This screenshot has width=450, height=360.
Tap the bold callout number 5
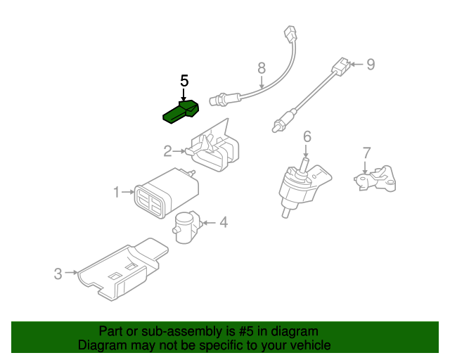coord(184,81)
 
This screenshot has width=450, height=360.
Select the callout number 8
coord(262,68)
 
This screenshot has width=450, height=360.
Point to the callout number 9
coord(371,64)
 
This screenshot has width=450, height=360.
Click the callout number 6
coord(307,136)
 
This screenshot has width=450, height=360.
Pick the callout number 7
coord(367,153)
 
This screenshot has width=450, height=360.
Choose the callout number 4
coord(224,222)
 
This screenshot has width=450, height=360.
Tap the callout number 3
coord(58,274)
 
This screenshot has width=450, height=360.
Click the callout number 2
coord(167,151)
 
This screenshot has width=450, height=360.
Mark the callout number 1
coord(116,192)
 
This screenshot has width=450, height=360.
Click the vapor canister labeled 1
coord(166,193)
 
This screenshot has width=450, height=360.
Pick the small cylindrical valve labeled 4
coord(187,228)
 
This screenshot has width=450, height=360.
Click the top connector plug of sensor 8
coord(290,34)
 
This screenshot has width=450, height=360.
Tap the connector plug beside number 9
coord(341,67)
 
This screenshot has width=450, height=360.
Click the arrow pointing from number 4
coord(209,223)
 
